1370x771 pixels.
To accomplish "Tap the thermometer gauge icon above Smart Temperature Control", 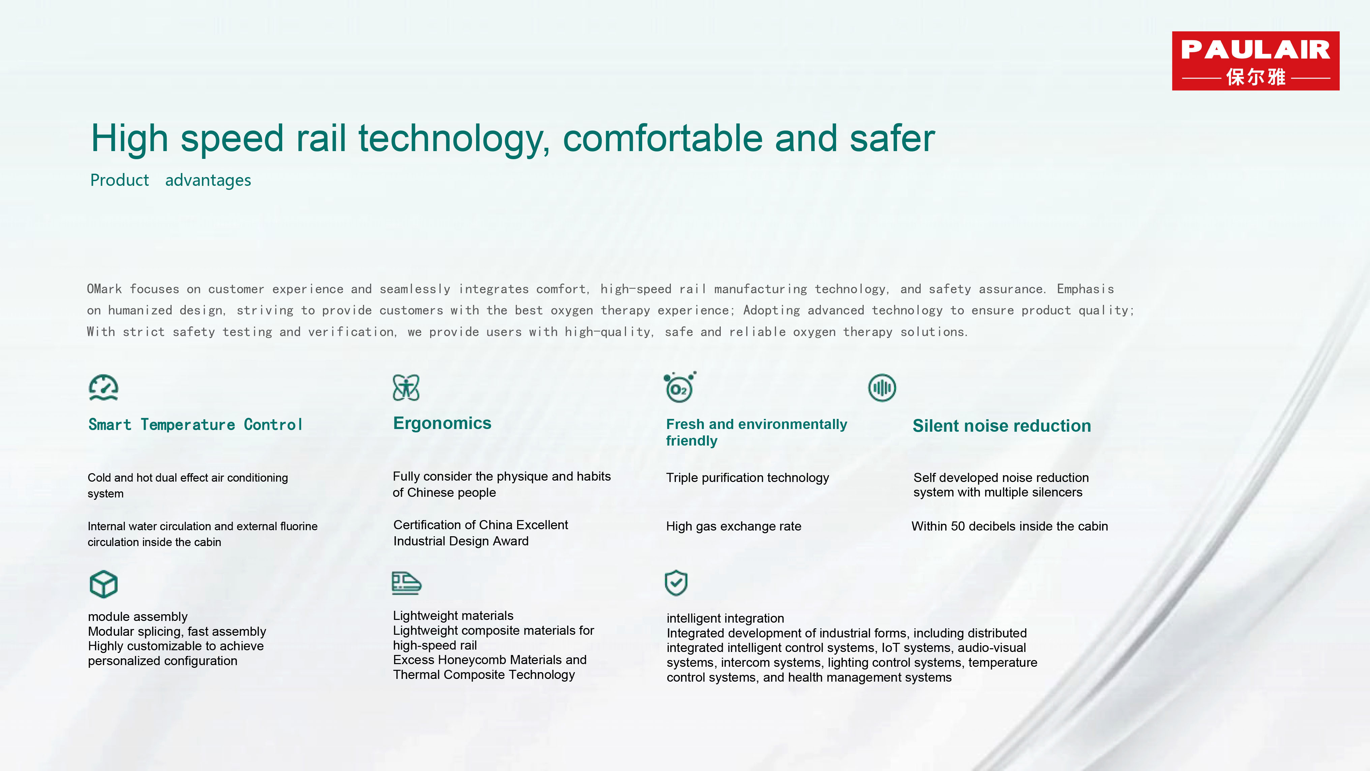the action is pyautogui.click(x=103, y=388).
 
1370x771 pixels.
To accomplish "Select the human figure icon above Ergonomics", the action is pyautogui.click(x=406, y=388).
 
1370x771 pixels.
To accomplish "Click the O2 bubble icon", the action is pyautogui.click(x=680, y=387).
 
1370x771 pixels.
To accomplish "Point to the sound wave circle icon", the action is pyautogui.click(x=882, y=388).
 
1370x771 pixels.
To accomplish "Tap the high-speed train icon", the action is pyautogui.click(x=406, y=583).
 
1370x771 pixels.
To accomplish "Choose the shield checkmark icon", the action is pyautogui.click(x=676, y=583).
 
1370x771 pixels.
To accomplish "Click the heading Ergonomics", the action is pyautogui.click(x=442, y=423).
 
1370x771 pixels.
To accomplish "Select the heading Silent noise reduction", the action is pyautogui.click(x=1002, y=426).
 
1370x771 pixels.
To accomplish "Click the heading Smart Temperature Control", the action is pyautogui.click(x=195, y=425).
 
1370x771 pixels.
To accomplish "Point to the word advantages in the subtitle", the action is pyautogui.click(x=208, y=180).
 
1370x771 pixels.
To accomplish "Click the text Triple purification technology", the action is pyautogui.click(x=747, y=478).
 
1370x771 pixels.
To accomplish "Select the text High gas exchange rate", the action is pyautogui.click(x=734, y=526).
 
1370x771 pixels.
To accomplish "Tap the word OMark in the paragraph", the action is pyautogui.click(x=104, y=289).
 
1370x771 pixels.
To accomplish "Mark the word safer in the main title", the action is pyautogui.click(x=892, y=138).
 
